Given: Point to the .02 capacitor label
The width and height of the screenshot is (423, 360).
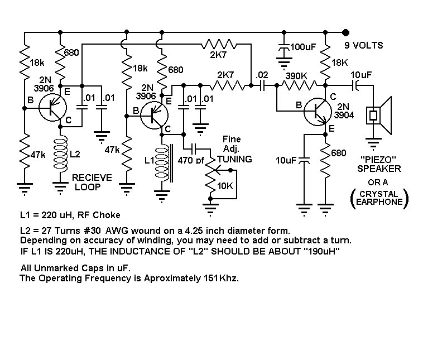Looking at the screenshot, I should point(261,75).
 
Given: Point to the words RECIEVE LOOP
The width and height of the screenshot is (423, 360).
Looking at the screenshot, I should point(92,182).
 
